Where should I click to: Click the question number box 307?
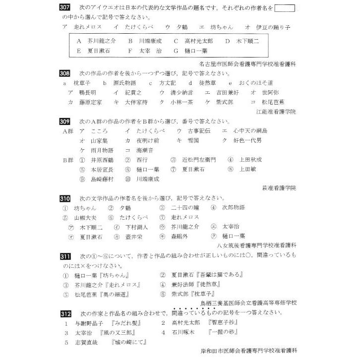66,9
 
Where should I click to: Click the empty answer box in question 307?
284,8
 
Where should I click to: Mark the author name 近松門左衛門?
198,160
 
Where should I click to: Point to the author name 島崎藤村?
102,179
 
